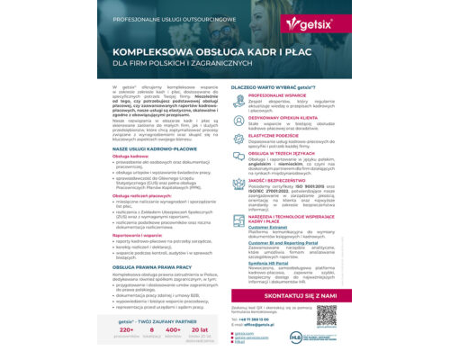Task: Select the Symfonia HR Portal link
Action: coord(266,264)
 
